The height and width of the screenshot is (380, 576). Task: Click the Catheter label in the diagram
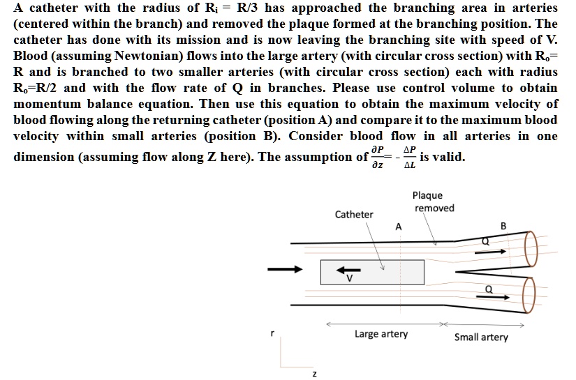[354, 214]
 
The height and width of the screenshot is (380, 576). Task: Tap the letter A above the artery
[398, 226]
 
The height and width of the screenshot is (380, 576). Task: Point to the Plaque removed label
[433, 202]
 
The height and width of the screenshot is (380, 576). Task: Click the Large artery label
[381, 334]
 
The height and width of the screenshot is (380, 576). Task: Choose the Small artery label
[481, 337]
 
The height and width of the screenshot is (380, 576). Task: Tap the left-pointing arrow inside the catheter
[346, 270]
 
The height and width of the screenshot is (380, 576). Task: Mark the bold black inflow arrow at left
[288, 268]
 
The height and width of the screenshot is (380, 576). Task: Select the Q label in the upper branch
[487, 241]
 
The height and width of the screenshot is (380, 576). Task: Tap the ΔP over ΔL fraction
[410, 157]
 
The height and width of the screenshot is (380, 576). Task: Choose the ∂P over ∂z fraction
[380, 157]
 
